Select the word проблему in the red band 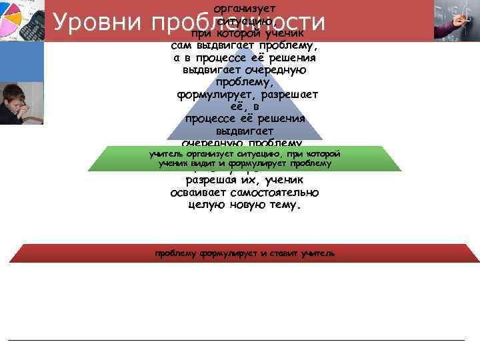pyautogui.click(x=175, y=253)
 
